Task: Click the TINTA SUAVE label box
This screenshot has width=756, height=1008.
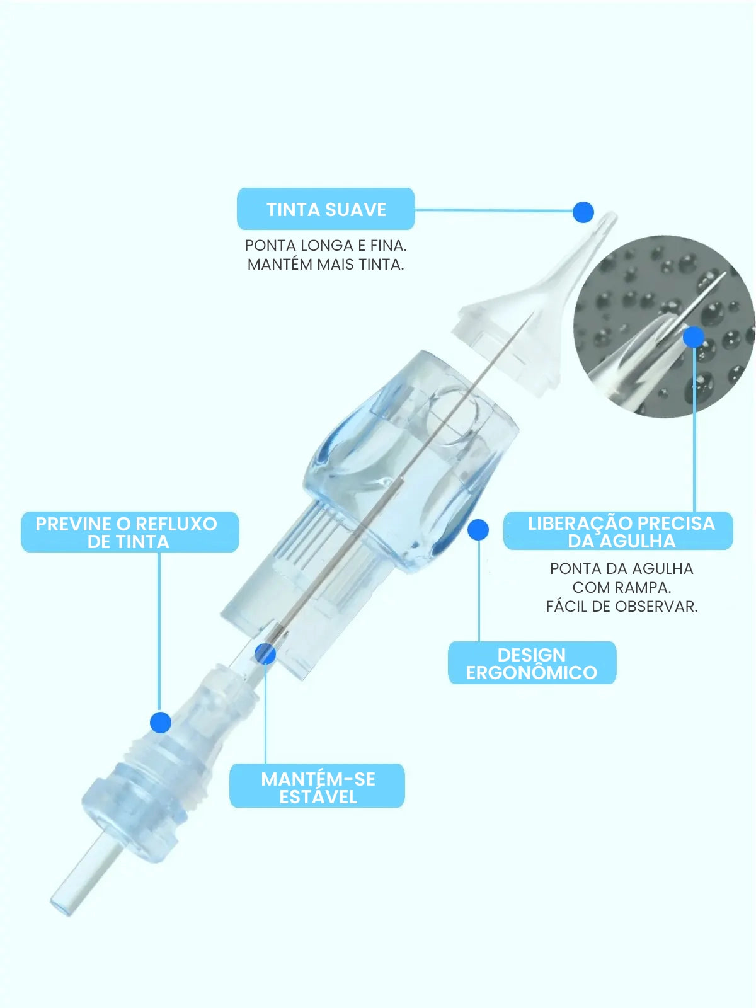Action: coord(326,209)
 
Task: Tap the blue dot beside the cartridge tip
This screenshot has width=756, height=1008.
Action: coord(583,212)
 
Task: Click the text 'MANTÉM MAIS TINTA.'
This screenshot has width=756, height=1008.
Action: coord(326,265)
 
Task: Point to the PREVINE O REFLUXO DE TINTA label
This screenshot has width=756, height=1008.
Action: coord(130,532)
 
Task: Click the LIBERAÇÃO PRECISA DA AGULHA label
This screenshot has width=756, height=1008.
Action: coord(618,531)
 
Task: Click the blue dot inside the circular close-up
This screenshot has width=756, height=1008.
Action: coord(694,336)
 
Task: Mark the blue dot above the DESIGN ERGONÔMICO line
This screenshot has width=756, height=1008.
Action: coord(478,530)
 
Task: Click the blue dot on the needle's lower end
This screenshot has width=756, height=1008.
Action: coord(265,653)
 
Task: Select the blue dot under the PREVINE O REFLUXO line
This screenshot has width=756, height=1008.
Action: coord(161,723)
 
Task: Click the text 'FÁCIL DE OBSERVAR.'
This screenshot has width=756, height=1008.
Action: coord(622,607)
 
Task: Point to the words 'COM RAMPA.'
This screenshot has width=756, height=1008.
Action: coord(622,588)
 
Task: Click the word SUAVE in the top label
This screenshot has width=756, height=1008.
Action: coord(356,210)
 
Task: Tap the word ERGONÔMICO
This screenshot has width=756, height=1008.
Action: coord(532,673)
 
